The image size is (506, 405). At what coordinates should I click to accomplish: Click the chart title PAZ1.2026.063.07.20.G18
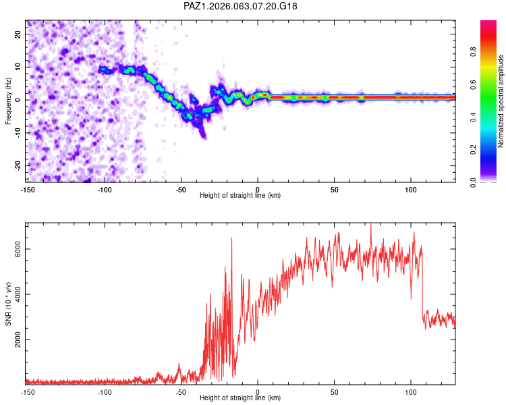[241, 6]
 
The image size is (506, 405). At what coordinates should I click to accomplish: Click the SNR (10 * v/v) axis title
[8, 303]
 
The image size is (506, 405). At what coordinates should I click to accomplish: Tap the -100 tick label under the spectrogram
[105, 189]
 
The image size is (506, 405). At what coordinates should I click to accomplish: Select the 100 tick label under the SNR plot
[411, 392]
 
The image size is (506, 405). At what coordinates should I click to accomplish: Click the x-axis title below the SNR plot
[240, 398]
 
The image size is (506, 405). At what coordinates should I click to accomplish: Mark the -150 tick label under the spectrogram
[28, 189]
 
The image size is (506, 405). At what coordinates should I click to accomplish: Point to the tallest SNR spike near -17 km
[231, 238]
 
